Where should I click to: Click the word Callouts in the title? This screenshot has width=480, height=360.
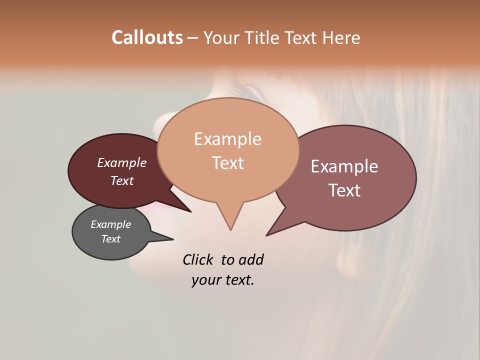(x=147, y=37)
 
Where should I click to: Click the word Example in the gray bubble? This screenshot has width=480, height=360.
(x=110, y=224)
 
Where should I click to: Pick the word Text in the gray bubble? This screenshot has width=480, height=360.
(x=110, y=239)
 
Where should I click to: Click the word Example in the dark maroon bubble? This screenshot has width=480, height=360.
(x=122, y=162)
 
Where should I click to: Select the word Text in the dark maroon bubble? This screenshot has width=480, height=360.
(x=122, y=180)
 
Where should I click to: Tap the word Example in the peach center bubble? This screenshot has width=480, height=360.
(x=227, y=138)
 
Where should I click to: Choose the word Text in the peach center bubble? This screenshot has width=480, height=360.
(x=227, y=162)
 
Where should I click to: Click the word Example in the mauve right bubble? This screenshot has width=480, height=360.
(x=344, y=166)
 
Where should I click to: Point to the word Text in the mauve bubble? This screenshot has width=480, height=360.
(x=344, y=190)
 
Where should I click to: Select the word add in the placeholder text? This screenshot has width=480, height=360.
(x=251, y=259)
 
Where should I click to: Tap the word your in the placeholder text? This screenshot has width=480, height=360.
(x=204, y=280)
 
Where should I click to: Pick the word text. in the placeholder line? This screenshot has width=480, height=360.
(x=238, y=280)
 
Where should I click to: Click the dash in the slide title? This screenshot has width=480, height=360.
(x=193, y=37)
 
